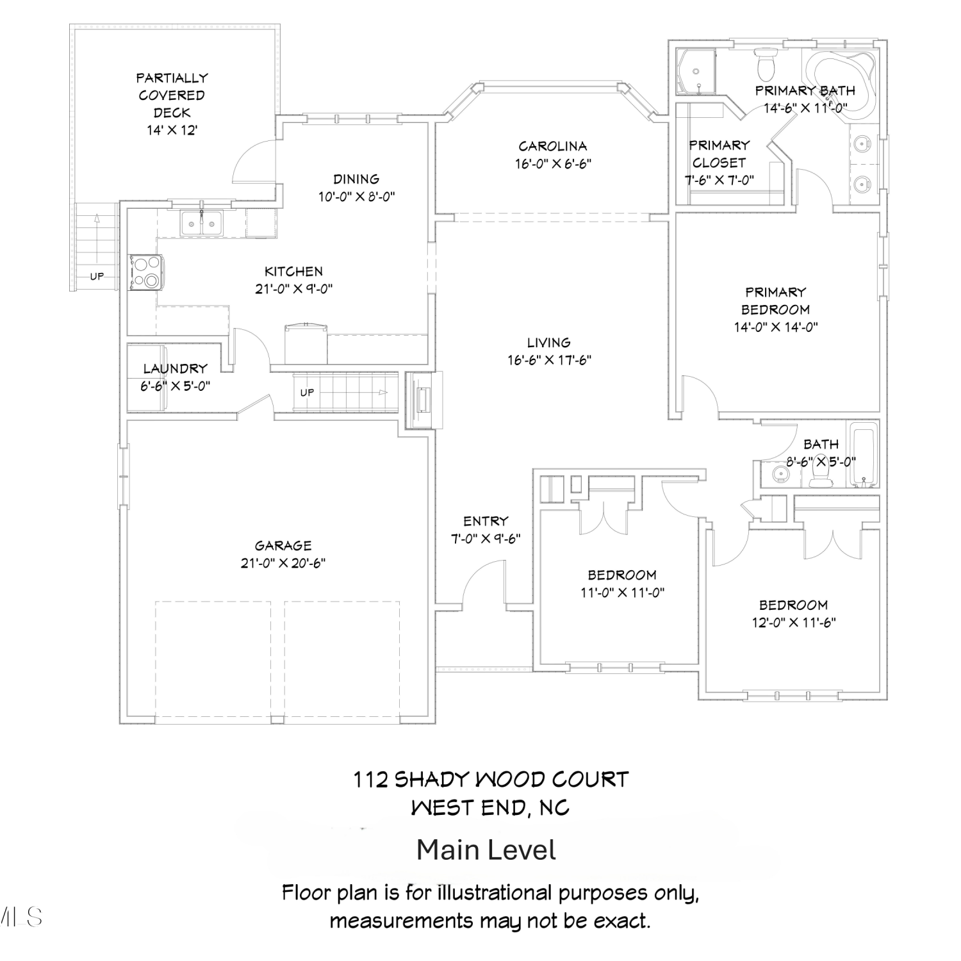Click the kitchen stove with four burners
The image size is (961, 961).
pos(146,272)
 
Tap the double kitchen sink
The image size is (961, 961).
pos(201,223)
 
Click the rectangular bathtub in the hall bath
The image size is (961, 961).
pos(863,454)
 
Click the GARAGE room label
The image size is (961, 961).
pos(283,546)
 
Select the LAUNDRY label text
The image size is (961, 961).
pos(176,368)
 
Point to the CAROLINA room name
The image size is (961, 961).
pos(553,146)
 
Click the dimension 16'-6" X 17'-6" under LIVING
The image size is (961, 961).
pos(549,360)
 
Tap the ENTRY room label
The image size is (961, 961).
pos(486,521)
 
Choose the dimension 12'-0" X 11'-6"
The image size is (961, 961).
pos(794,622)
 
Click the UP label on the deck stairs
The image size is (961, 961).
pos(97,277)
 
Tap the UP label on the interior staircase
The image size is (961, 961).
pos(308,392)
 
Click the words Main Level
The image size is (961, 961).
pos(486,850)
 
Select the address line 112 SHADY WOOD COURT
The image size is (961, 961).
pos(491,780)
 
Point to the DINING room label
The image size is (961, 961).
pos(356,179)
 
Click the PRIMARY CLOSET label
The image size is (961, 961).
pos(719,154)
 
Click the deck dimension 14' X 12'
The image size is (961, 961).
pos(172,130)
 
